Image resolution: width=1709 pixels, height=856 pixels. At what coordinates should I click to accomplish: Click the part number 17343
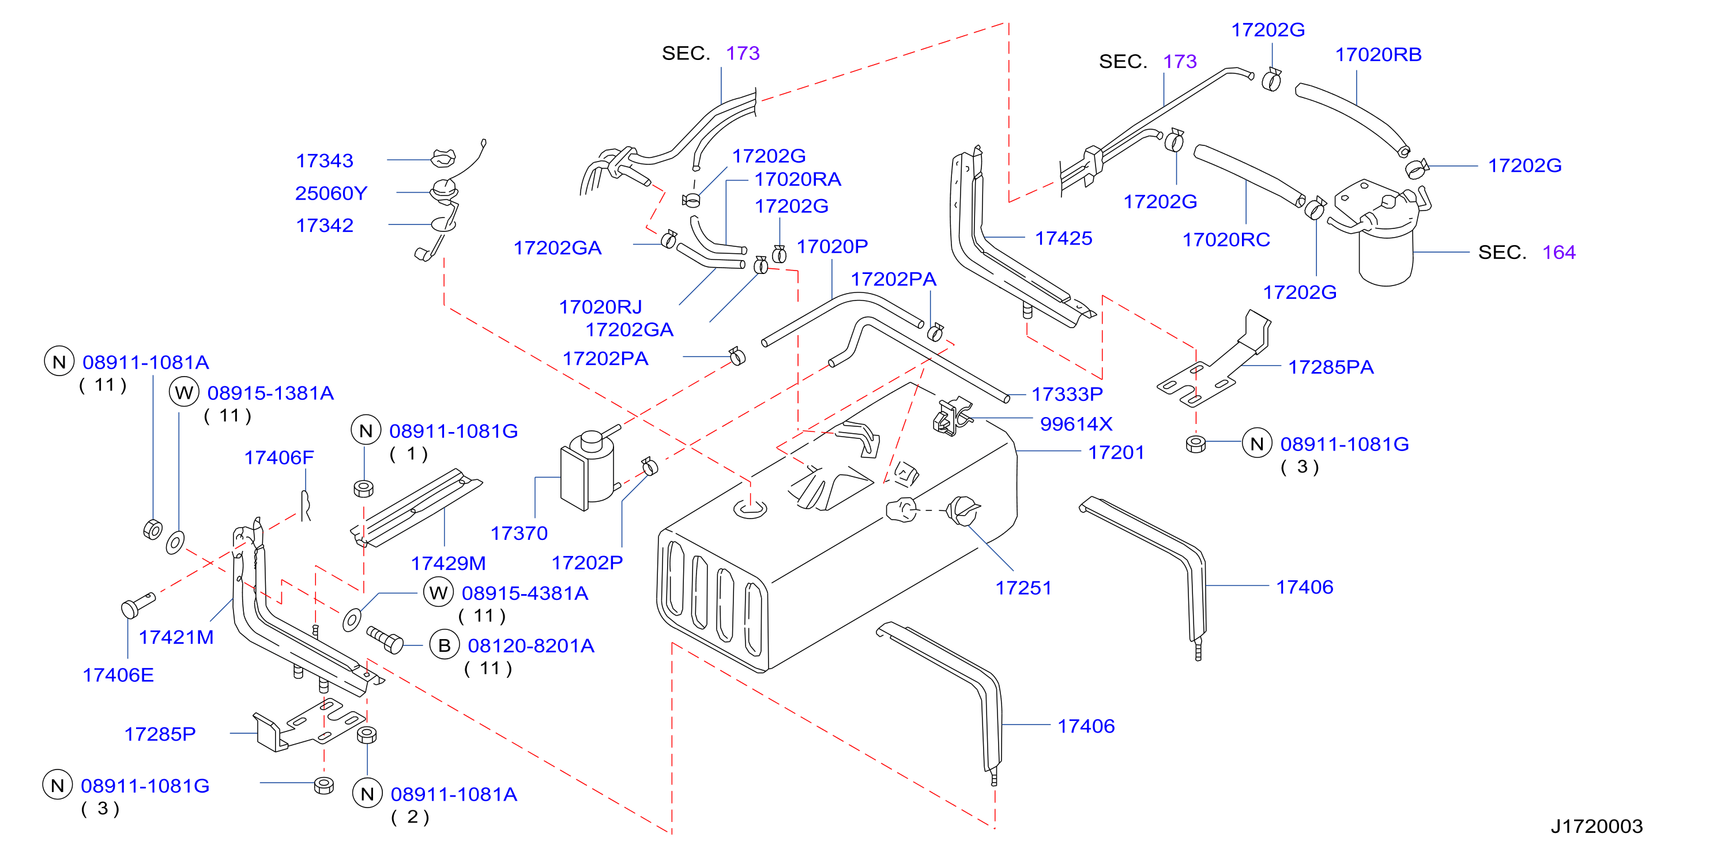(x=325, y=160)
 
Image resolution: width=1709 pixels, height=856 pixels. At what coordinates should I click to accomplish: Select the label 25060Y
(x=331, y=193)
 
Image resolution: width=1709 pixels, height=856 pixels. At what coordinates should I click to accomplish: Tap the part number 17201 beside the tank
(x=1116, y=453)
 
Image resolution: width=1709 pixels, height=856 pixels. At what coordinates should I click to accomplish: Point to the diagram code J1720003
(x=1596, y=826)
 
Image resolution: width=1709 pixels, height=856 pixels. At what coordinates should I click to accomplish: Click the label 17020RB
(x=1378, y=54)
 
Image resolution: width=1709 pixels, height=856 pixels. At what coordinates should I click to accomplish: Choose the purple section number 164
(x=1559, y=252)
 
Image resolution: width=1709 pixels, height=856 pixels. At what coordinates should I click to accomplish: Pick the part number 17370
(x=519, y=533)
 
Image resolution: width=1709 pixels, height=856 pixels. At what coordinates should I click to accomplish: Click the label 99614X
(x=1076, y=423)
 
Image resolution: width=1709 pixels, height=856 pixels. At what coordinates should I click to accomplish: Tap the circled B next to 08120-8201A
(x=445, y=645)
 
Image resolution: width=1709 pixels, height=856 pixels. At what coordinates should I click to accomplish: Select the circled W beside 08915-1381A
(x=184, y=392)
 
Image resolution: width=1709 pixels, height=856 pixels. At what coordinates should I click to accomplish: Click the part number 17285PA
(x=1330, y=367)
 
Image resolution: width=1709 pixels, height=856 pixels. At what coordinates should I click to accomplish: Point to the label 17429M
(x=448, y=564)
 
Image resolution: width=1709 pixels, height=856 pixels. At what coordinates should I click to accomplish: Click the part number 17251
(x=1023, y=588)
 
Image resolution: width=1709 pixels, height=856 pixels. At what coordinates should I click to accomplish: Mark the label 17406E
(x=118, y=675)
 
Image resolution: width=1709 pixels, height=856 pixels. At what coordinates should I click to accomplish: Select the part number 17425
(x=1063, y=238)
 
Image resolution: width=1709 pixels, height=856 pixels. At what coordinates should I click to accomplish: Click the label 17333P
(x=1067, y=394)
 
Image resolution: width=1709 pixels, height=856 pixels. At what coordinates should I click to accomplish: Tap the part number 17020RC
(x=1226, y=239)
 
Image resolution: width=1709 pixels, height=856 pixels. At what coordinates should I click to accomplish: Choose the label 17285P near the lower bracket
(x=160, y=734)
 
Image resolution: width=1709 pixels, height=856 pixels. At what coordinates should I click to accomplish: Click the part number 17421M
(x=176, y=637)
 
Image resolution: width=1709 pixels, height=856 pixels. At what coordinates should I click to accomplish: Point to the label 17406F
(x=278, y=457)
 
